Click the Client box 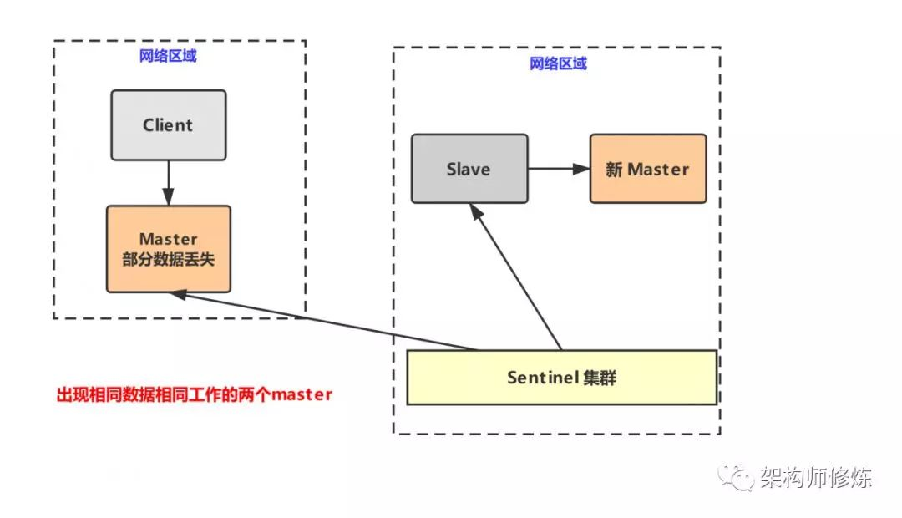[169, 124]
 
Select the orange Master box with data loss [169, 249]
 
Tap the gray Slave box [469, 169]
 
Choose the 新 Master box [648, 169]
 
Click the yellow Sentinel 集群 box [562, 378]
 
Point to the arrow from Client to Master [168, 183]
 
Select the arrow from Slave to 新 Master [559, 169]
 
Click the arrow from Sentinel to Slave [515, 277]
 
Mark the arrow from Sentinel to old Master [324, 321]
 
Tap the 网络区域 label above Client [168, 56]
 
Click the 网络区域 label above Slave [558, 63]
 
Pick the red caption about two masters [195, 394]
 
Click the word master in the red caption [302, 395]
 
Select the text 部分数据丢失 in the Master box [169, 259]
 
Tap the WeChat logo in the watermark [735, 478]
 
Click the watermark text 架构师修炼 [816, 477]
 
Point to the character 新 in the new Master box [614, 170]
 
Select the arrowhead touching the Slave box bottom [476, 211]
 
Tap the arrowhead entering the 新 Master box [581, 169]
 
